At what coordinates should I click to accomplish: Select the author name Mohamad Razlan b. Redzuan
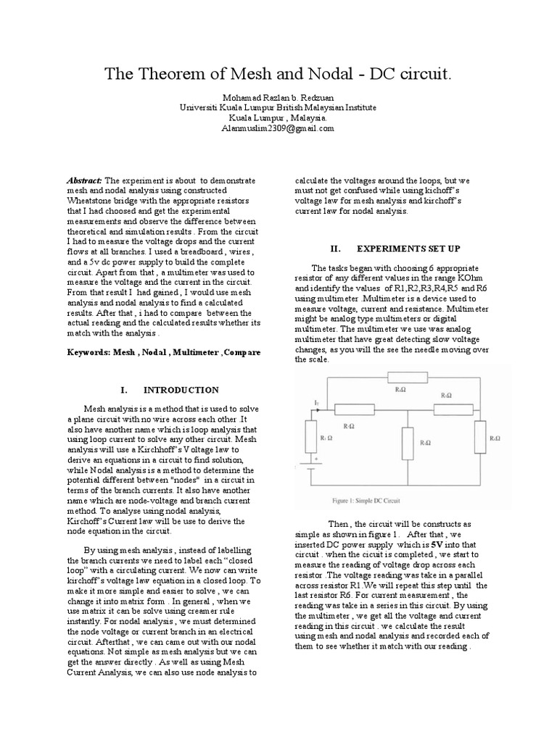[x=278, y=97]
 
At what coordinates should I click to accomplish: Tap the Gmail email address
[x=278, y=128]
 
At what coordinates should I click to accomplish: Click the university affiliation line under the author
[x=278, y=107]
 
